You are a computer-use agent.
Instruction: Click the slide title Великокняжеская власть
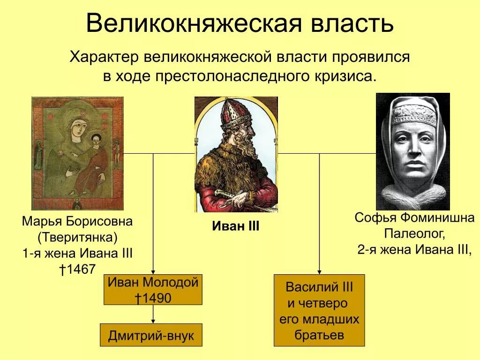pyautogui.click(x=240, y=23)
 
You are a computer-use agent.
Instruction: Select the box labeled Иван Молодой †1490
pyautogui.click(x=153, y=290)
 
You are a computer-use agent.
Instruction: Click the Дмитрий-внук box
pyautogui.click(x=151, y=335)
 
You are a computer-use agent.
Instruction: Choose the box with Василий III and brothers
pyautogui.click(x=319, y=310)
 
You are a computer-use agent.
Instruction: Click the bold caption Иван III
pyautogui.click(x=236, y=226)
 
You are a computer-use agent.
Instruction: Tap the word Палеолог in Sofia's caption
pyautogui.click(x=414, y=233)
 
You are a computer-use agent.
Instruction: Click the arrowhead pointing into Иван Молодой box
pyautogui.click(x=153, y=272)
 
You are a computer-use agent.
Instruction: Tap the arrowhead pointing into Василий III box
pyautogui.click(x=319, y=272)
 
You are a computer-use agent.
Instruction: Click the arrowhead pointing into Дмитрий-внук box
pyautogui.click(x=153, y=321)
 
